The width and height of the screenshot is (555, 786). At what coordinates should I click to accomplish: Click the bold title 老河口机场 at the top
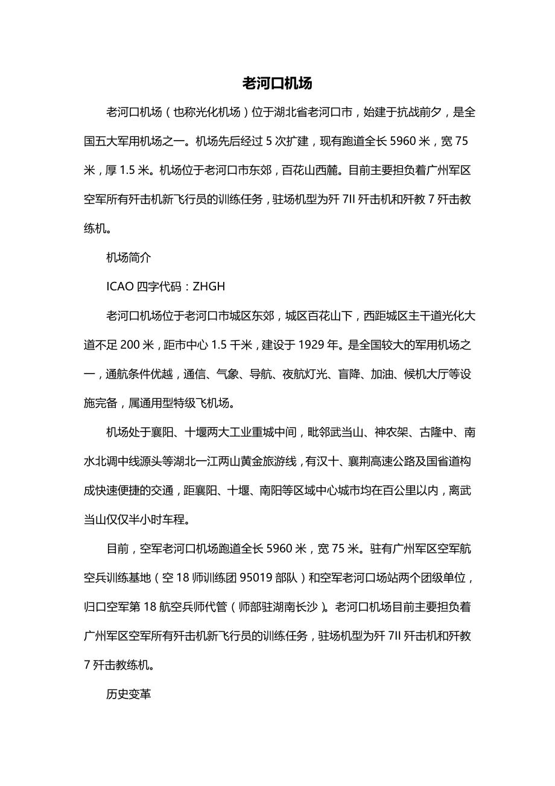(x=277, y=83)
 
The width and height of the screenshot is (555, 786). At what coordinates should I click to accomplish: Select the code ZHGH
(x=209, y=286)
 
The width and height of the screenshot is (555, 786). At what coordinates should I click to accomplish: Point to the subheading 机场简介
(x=128, y=258)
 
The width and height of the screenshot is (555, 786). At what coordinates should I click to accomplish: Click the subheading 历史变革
(x=128, y=694)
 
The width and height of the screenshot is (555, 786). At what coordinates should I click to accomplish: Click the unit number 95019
(x=259, y=578)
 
